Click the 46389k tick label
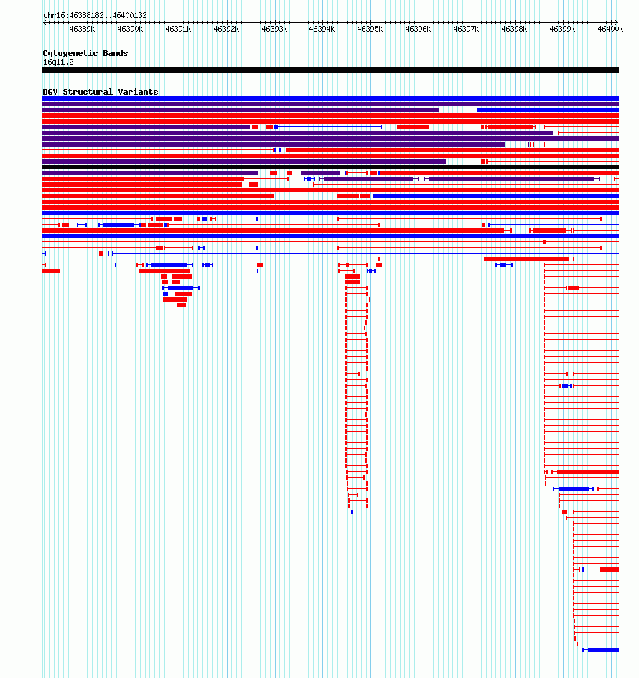tap(82, 29)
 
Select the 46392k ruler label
tap(226, 29)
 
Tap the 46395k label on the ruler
tap(370, 29)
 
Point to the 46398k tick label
tap(514, 29)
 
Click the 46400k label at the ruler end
tap(610, 29)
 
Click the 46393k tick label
tap(274, 29)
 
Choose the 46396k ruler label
tap(418, 29)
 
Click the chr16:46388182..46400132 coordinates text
tap(95, 15)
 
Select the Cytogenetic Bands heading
tap(85, 53)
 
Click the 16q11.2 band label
tap(58, 62)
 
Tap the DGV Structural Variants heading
tap(101, 92)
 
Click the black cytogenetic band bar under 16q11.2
tap(331, 70)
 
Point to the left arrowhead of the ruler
tap(44, 22)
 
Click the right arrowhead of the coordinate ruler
tap(617, 22)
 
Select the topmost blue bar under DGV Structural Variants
tap(331, 98)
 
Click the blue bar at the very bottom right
tap(603, 650)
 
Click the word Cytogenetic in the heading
tap(70, 53)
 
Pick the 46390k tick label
tap(130, 29)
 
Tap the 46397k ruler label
tap(466, 29)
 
